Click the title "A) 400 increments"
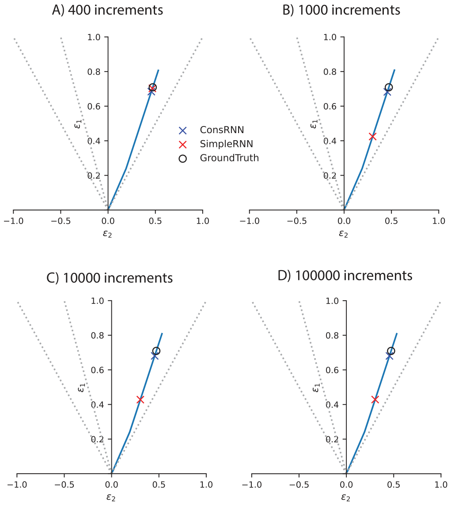(x=107, y=10)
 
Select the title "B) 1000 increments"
(x=341, y=10)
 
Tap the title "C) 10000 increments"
(x=110, y=278)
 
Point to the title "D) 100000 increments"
(x=345, y=275)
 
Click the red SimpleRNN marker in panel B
(x=372, y=137)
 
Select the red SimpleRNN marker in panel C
(x=140, y=400)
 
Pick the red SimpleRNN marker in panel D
(x=375, y=400)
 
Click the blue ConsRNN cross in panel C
(x=155, y=356)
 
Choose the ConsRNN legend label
(x=222, y=130)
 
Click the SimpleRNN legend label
(x=227, y=144)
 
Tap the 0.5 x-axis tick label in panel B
(x=391, y=221)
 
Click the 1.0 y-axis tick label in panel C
(x=98, y=301)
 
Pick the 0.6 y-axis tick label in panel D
(x=332, y=370)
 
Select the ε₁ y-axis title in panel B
(x=314, y=123)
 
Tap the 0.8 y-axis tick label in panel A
(x=94, y=72)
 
